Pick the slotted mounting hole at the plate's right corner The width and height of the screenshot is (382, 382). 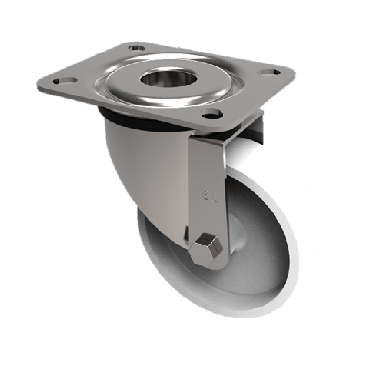[x=268, y=73]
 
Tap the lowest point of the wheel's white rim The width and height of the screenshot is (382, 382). [x=229, y=317]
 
